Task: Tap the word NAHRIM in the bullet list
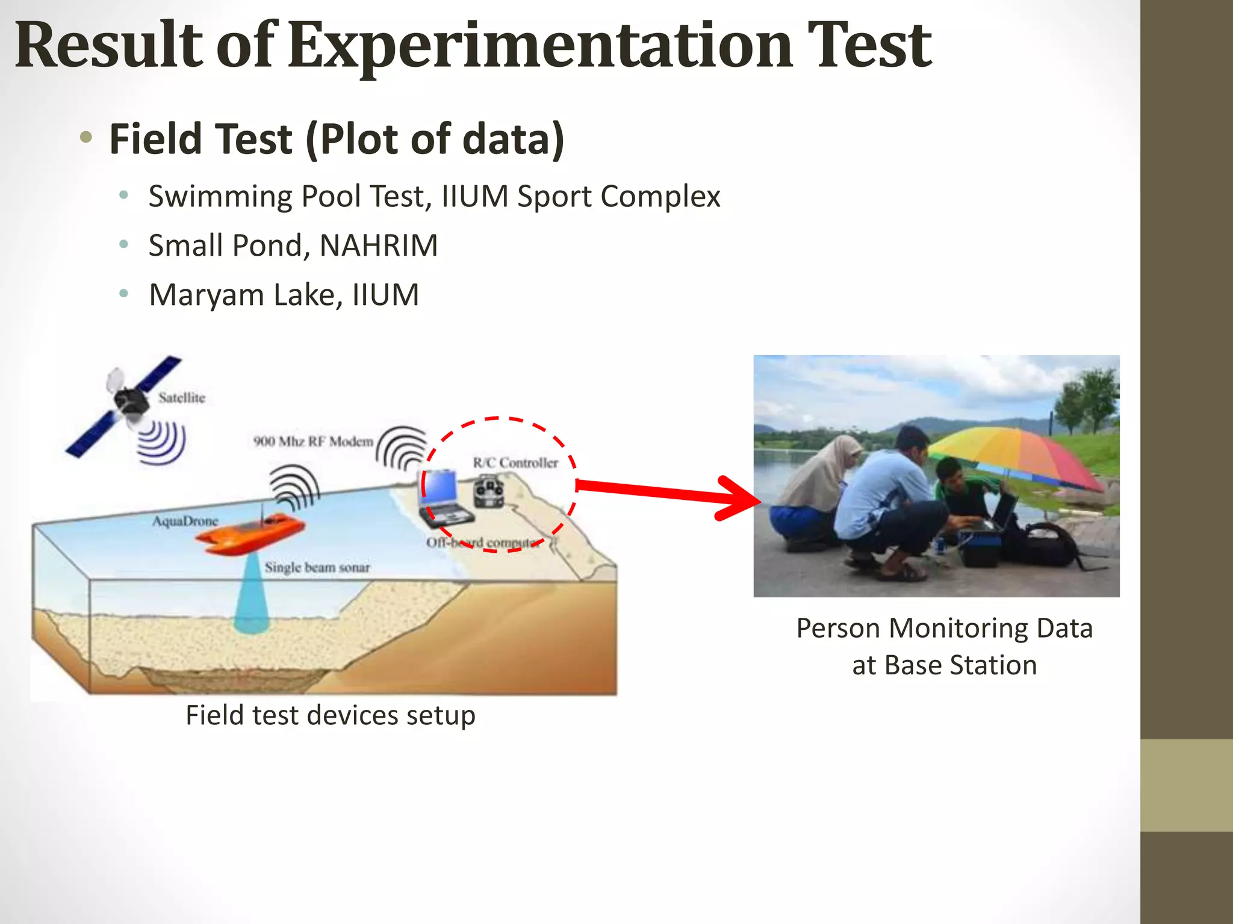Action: tap(378, 245)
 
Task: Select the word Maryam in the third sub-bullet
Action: tap(207, 295)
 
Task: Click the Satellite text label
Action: tap(182, 398)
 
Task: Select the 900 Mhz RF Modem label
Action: tap(313, 442)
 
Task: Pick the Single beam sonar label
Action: tap(317, 567)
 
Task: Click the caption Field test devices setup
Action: tap(330, 715)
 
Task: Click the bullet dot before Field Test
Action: tap(86, 137)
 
